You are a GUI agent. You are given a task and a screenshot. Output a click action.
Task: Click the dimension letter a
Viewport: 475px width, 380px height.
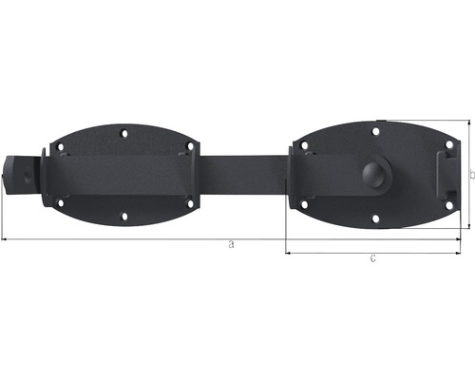click(232, 245)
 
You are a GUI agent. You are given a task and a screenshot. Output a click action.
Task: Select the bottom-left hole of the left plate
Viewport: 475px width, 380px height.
click(62, 201)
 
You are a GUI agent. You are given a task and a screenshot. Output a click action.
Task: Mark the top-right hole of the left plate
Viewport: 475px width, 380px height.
click(190, 147)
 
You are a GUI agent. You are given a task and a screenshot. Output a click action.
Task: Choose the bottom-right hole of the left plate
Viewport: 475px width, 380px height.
click(191, 201)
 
